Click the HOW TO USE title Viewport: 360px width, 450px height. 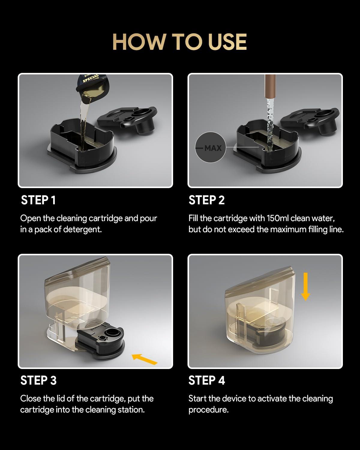coord(180,42)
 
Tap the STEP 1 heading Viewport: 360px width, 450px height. coord(38,200)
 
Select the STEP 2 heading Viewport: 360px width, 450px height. coord(206,200)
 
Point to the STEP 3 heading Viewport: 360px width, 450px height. coord(38,380)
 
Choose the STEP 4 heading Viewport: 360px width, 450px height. coord(207,380)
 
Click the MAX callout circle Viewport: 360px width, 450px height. coord(210,147)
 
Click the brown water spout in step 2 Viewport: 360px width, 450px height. coord(270,86)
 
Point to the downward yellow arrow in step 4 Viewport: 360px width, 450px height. coord(305,286)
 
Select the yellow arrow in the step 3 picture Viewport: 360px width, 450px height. coord(145,359)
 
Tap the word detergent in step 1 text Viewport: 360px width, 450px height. coord(82,229)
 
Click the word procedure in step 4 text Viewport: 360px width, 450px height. coord(208,410)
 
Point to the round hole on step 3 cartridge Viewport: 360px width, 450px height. coord(112,332)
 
